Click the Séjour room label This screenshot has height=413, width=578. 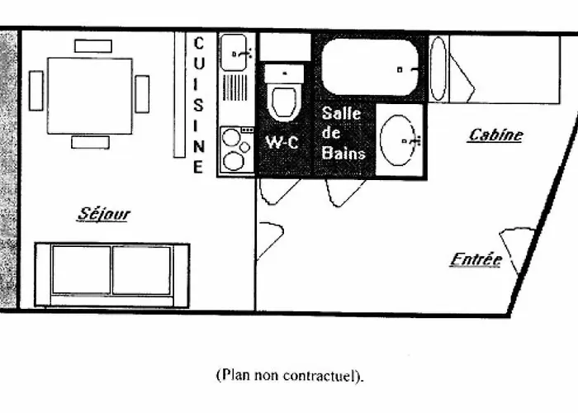[104, 214]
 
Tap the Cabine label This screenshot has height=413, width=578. [495, 135]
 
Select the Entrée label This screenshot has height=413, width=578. [476, 259]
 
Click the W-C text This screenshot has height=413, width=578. [281, 141]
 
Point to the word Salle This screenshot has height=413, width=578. [341, 112]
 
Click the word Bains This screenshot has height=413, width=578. [343, 153]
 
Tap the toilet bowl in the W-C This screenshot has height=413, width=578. [283, 99]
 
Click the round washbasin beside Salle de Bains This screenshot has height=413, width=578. [400, 140]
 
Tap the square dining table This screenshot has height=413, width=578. [90, 95]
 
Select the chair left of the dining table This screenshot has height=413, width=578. [36, 91]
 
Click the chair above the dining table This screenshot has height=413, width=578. [92, 45]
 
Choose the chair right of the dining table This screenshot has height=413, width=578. [142, 93]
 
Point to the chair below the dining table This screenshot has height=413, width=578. [90, 142]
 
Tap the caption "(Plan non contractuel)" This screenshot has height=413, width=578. [289, 376]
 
